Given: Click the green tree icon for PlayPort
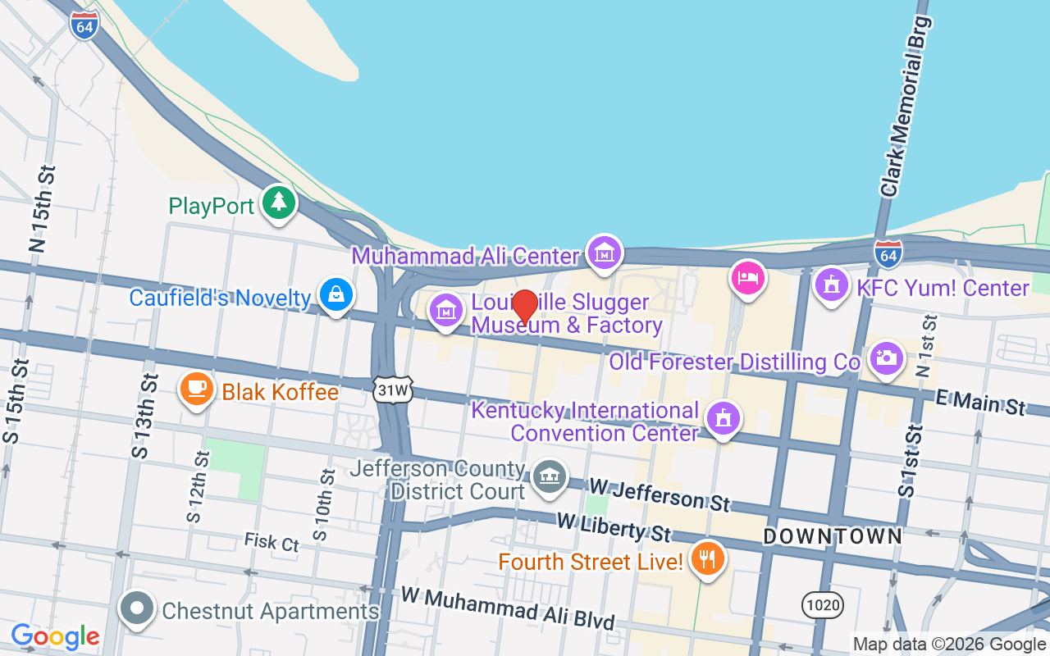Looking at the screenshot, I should (x=279, y=203).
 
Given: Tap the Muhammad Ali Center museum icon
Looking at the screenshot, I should (x=605, y=253).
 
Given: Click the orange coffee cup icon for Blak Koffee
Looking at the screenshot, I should (x=196, y=390).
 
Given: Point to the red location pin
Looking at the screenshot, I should (x=525, y=307).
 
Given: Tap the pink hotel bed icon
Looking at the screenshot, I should (x=747, y=276).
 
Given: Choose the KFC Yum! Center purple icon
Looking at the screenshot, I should (x=832, y=285).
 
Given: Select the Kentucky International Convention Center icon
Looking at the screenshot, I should (x=723, y=418).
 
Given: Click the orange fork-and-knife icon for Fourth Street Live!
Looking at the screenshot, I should (x=706, y=559).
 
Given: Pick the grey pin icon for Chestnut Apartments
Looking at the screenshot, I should (x=137, y=609).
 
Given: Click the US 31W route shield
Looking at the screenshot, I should (x=392, y=390).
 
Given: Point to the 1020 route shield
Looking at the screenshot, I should (x=823, y=605).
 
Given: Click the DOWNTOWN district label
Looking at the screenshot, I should (x=833, y=536).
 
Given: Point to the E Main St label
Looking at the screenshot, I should (x=981, y=402).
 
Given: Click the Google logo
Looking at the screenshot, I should (x=55, y=636).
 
